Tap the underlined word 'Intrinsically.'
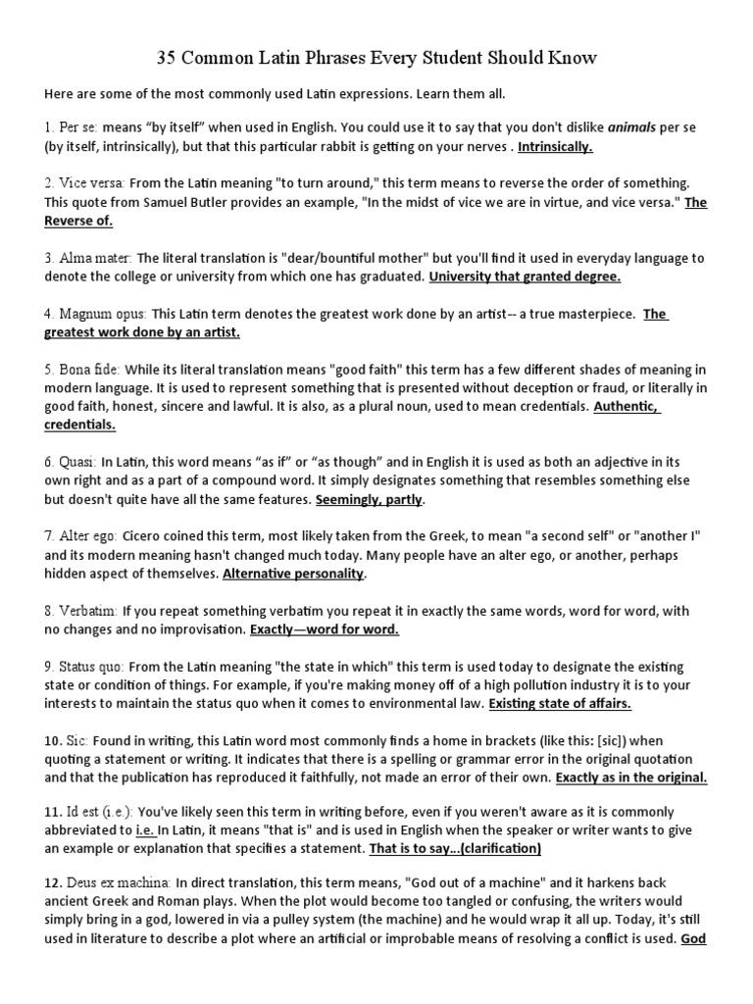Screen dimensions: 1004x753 (x=555, y=147)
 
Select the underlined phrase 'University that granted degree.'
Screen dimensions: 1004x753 (x=525, y=277)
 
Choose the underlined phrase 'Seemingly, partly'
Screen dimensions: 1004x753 (x=370, y=500)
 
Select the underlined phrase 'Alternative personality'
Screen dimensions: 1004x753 (x=293, y=574)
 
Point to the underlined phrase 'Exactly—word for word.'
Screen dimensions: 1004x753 (x=325, y=629)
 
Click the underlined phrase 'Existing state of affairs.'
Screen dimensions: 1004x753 (x=560, y=704)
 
